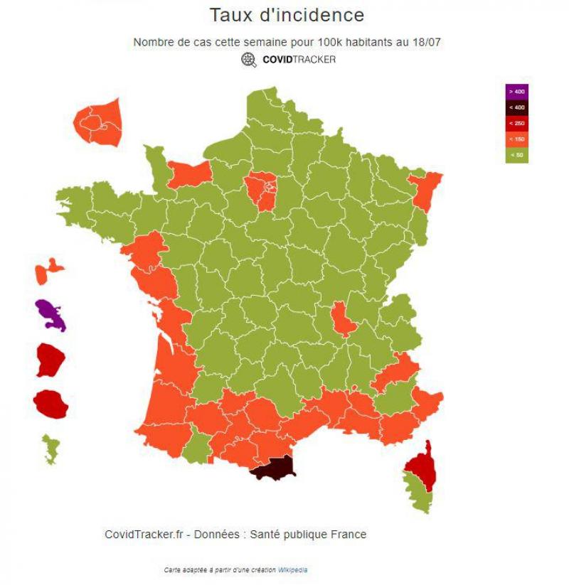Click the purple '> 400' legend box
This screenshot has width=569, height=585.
[516, 92]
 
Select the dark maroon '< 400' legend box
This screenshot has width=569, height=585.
[516, 107]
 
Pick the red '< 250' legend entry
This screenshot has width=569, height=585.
[516, 123]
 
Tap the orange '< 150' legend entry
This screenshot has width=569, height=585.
[516, 139]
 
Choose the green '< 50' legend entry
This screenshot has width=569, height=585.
[516, 154]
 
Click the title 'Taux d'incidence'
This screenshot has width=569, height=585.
[287, 15]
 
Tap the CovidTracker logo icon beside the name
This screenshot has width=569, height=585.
[249, 60]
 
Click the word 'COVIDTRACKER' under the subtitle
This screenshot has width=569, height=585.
[299, 60]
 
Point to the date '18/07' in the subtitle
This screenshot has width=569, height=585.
[426, 42]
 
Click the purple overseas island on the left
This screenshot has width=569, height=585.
[50, 314]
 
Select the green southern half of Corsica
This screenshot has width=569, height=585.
[418, 494]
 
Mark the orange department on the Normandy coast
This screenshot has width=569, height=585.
[190, 173]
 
